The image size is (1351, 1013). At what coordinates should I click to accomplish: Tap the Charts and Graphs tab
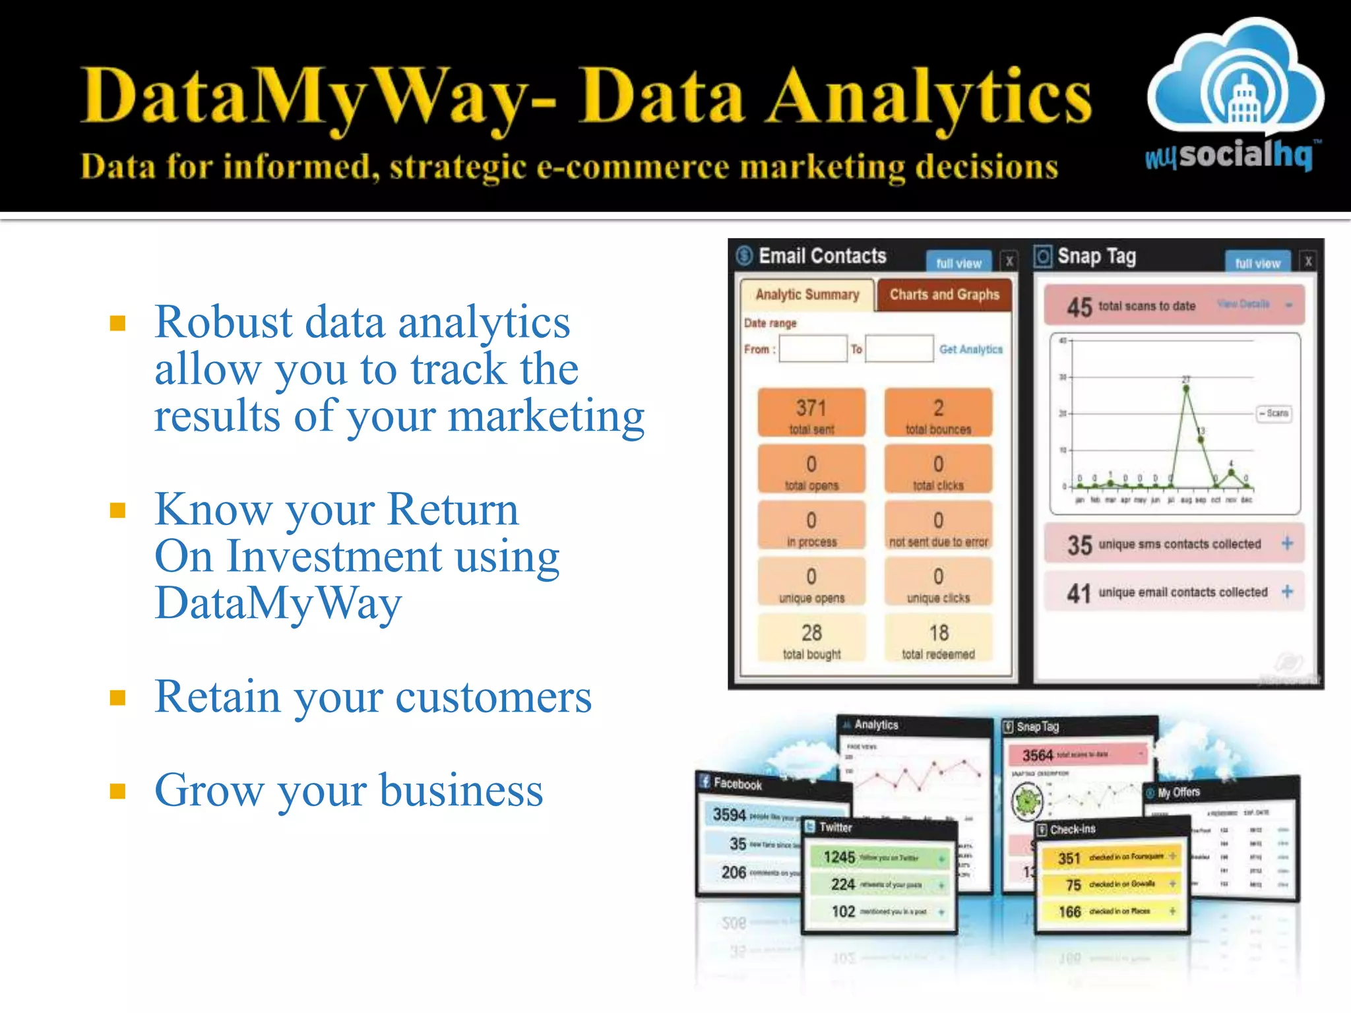tap(944, 295)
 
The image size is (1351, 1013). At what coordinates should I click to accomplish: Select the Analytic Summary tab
tap(807, 295)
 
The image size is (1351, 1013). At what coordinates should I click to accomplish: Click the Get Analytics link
tap(970, 350)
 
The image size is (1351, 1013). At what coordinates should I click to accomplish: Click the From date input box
tap(813, 349)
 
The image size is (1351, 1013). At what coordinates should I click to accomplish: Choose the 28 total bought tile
tap(811, 638)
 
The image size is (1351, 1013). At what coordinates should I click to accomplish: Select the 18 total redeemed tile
tap(938, 638)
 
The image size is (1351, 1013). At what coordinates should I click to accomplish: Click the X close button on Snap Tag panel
tap(1308, 262)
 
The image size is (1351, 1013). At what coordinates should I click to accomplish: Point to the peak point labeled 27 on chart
tap(1186, 389)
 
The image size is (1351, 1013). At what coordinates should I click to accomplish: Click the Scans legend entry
tap(1274, 414)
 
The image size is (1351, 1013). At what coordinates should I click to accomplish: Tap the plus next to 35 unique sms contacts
tap(1287, 543)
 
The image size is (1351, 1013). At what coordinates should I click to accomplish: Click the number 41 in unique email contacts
tap(1079, 593)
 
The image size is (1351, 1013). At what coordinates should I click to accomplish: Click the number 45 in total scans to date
tap(1079, 307)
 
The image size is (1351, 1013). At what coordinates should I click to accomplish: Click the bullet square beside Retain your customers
tap(118, 698)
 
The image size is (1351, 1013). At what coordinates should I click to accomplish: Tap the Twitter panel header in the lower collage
tap(835, 827)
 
